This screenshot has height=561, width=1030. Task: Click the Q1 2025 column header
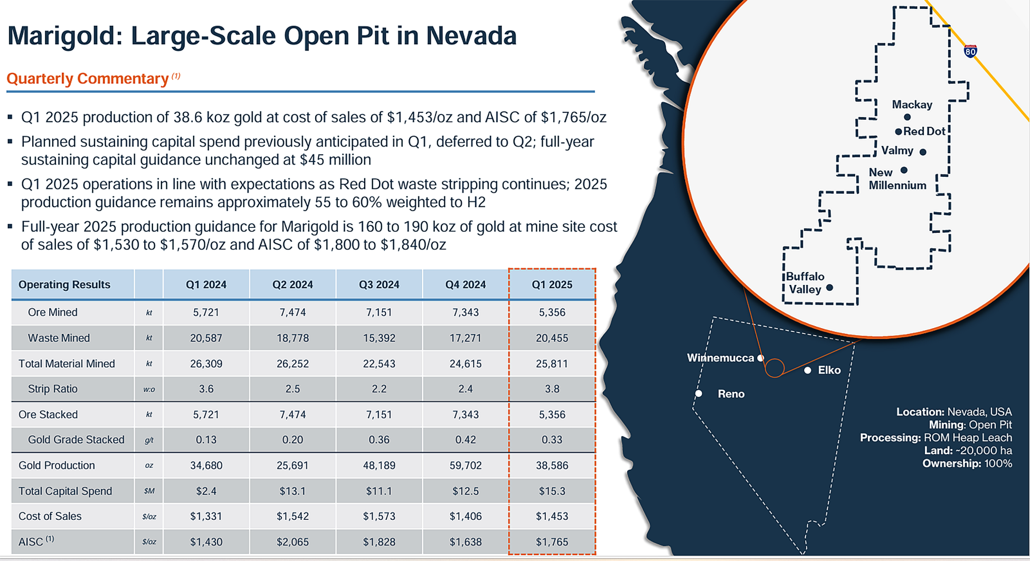click(x=552, y=284)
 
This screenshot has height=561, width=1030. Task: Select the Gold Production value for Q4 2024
click(x=465, y=465)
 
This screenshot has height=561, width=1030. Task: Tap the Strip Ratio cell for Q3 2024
click(x=379, y=389)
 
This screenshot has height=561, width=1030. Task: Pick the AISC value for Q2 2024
click(x=292, y=542)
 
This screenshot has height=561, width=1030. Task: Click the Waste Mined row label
click(x=59, y=338)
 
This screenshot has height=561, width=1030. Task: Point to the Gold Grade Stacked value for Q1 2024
click(x=206, y=440)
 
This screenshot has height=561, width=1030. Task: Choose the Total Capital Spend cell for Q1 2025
click(x=552, y=491)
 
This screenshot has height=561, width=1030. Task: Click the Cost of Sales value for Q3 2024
click(x=379, y=516)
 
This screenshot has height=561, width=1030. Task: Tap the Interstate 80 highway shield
click(x=970, y=51)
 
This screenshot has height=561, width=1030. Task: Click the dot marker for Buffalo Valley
click(x=829, y=288)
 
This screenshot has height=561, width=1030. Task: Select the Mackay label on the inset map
click(x=912, y=104)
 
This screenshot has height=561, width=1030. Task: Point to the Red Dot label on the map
click(x=924, y=131)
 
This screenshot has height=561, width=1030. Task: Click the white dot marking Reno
click(x=698, y=394)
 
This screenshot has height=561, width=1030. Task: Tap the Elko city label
click(x=829, y=370)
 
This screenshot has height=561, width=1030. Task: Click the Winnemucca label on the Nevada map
click(x=720, y=358)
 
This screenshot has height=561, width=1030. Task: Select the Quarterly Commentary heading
click(x=88, y=79)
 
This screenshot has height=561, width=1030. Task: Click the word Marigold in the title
click(x=62, y=36)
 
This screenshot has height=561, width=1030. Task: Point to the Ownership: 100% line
click(x=967, y=463)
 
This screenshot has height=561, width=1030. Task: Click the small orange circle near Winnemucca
click(x=774, y=368)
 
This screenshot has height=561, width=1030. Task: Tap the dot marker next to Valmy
click(x=923, y=152)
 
